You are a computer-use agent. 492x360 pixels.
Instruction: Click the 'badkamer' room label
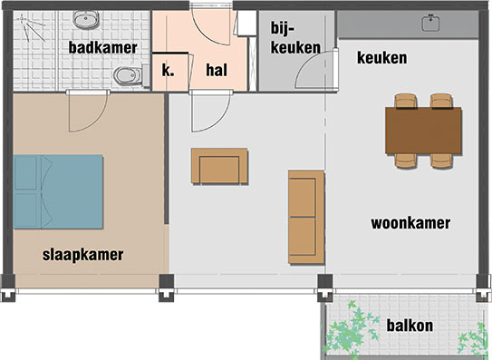click(103, 48)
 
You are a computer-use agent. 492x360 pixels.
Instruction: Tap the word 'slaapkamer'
click(82, 255)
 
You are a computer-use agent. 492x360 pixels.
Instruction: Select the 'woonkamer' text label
click(410, 223)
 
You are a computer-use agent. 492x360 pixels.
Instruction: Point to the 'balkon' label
click(410, 326)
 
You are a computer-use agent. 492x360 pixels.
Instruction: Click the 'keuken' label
click(381, 58)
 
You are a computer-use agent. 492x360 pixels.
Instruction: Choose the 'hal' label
click(217, 70)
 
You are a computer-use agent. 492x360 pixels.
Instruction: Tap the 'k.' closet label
click(169, 70)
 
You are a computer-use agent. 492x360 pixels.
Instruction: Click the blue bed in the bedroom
click(58, 191)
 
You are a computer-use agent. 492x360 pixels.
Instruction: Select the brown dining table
click(424, 131)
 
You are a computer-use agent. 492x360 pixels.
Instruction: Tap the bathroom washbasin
click(86, 19)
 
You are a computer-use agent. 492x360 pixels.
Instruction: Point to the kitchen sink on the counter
click(430, 24)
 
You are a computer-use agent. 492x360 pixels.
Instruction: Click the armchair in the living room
click(219, 166)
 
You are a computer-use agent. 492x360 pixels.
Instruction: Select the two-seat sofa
click(306, 218)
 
